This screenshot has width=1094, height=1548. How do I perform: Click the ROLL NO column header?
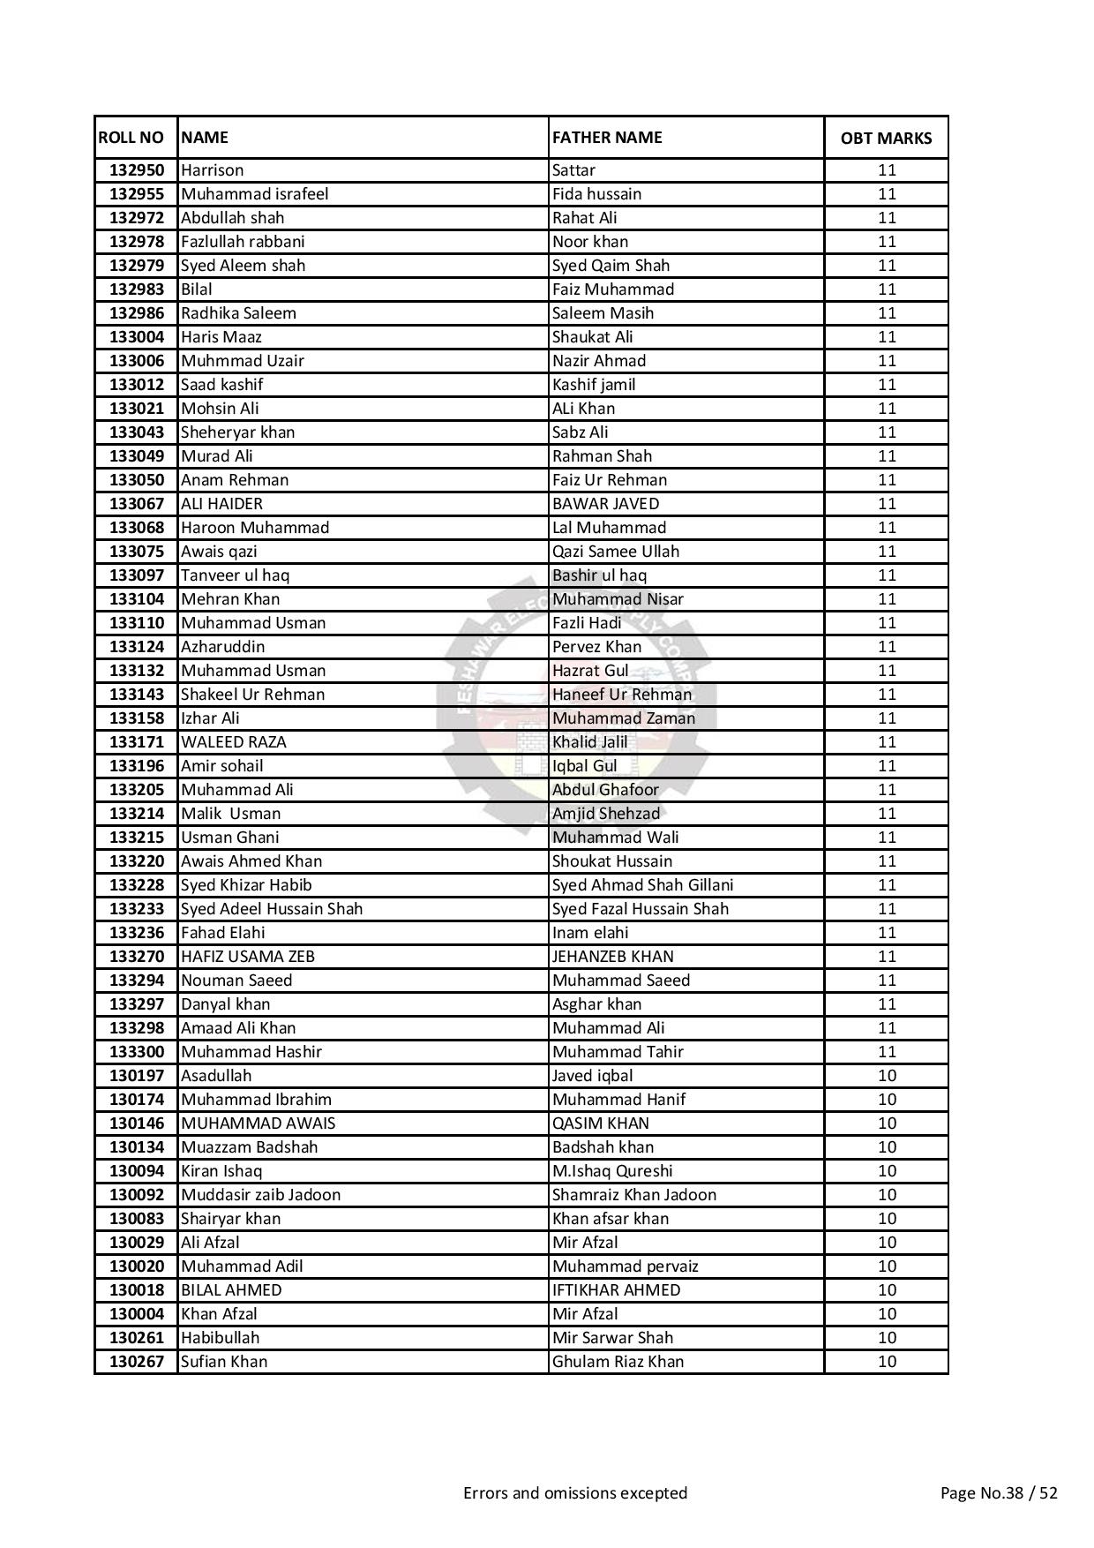pos(131,138)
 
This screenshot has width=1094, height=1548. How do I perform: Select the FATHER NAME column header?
pos(607,138)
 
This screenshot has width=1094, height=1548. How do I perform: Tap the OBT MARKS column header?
pos(886,139)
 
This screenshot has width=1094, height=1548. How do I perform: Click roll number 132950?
pos(136,170)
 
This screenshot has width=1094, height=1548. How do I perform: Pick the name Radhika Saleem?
pos(238,313)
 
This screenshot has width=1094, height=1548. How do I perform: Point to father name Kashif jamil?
pos(594,385)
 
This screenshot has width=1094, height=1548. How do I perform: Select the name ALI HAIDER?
pos(221,504)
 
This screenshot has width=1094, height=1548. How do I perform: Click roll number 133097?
pos(136,575)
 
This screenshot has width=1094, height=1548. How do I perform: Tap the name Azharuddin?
pos(222,647)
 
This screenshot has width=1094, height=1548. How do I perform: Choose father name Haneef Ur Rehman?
pos(622,695)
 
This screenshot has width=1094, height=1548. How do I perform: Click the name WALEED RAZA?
pos(233,742)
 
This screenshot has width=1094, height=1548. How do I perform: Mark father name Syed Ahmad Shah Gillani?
pos(642,885)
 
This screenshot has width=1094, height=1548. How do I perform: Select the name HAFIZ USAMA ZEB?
pos(247,957)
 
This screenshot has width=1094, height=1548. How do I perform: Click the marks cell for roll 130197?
pos(887,1076)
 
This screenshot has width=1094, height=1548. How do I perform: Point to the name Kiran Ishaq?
pos(221,1171)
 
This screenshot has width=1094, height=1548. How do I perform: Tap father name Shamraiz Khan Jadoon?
pos(634,1195)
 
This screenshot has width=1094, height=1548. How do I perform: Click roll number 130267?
pos(136,1362)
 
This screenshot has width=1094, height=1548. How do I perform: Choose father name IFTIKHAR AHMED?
pos(616,1290)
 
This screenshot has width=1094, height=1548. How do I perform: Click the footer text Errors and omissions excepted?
pos(575,1493)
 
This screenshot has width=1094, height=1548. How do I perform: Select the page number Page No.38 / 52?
pos(999,1493)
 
